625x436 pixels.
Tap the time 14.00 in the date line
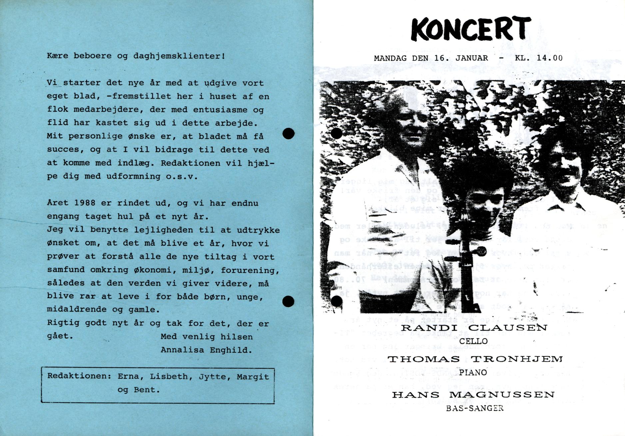pos(550,58)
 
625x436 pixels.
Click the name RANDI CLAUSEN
pos(473,327)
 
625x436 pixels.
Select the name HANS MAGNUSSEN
pos(473,395)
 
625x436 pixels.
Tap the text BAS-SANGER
pos(474,408)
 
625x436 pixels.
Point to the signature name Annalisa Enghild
pos(206,350)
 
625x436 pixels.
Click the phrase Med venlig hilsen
pos(207,337)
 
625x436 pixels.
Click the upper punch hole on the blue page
pos(289,134)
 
